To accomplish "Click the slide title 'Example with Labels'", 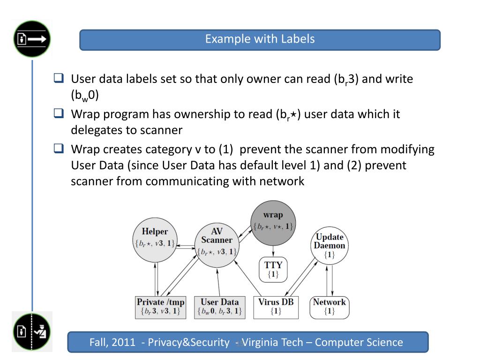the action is coord(260,39).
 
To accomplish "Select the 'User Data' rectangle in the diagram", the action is coord(219,307).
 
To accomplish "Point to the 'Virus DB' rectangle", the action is coord(276,307).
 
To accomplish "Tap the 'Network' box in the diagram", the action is coord(329,307).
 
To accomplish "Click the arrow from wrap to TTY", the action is coord(273,250).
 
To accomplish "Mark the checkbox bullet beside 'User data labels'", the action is coord(59,78).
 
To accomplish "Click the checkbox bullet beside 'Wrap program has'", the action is coord(59,114).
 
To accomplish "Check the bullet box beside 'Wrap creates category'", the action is coord(59,149).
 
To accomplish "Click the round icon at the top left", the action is coord(32,39).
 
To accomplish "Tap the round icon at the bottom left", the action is coord(32,332).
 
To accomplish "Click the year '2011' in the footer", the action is coord(125,342).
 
